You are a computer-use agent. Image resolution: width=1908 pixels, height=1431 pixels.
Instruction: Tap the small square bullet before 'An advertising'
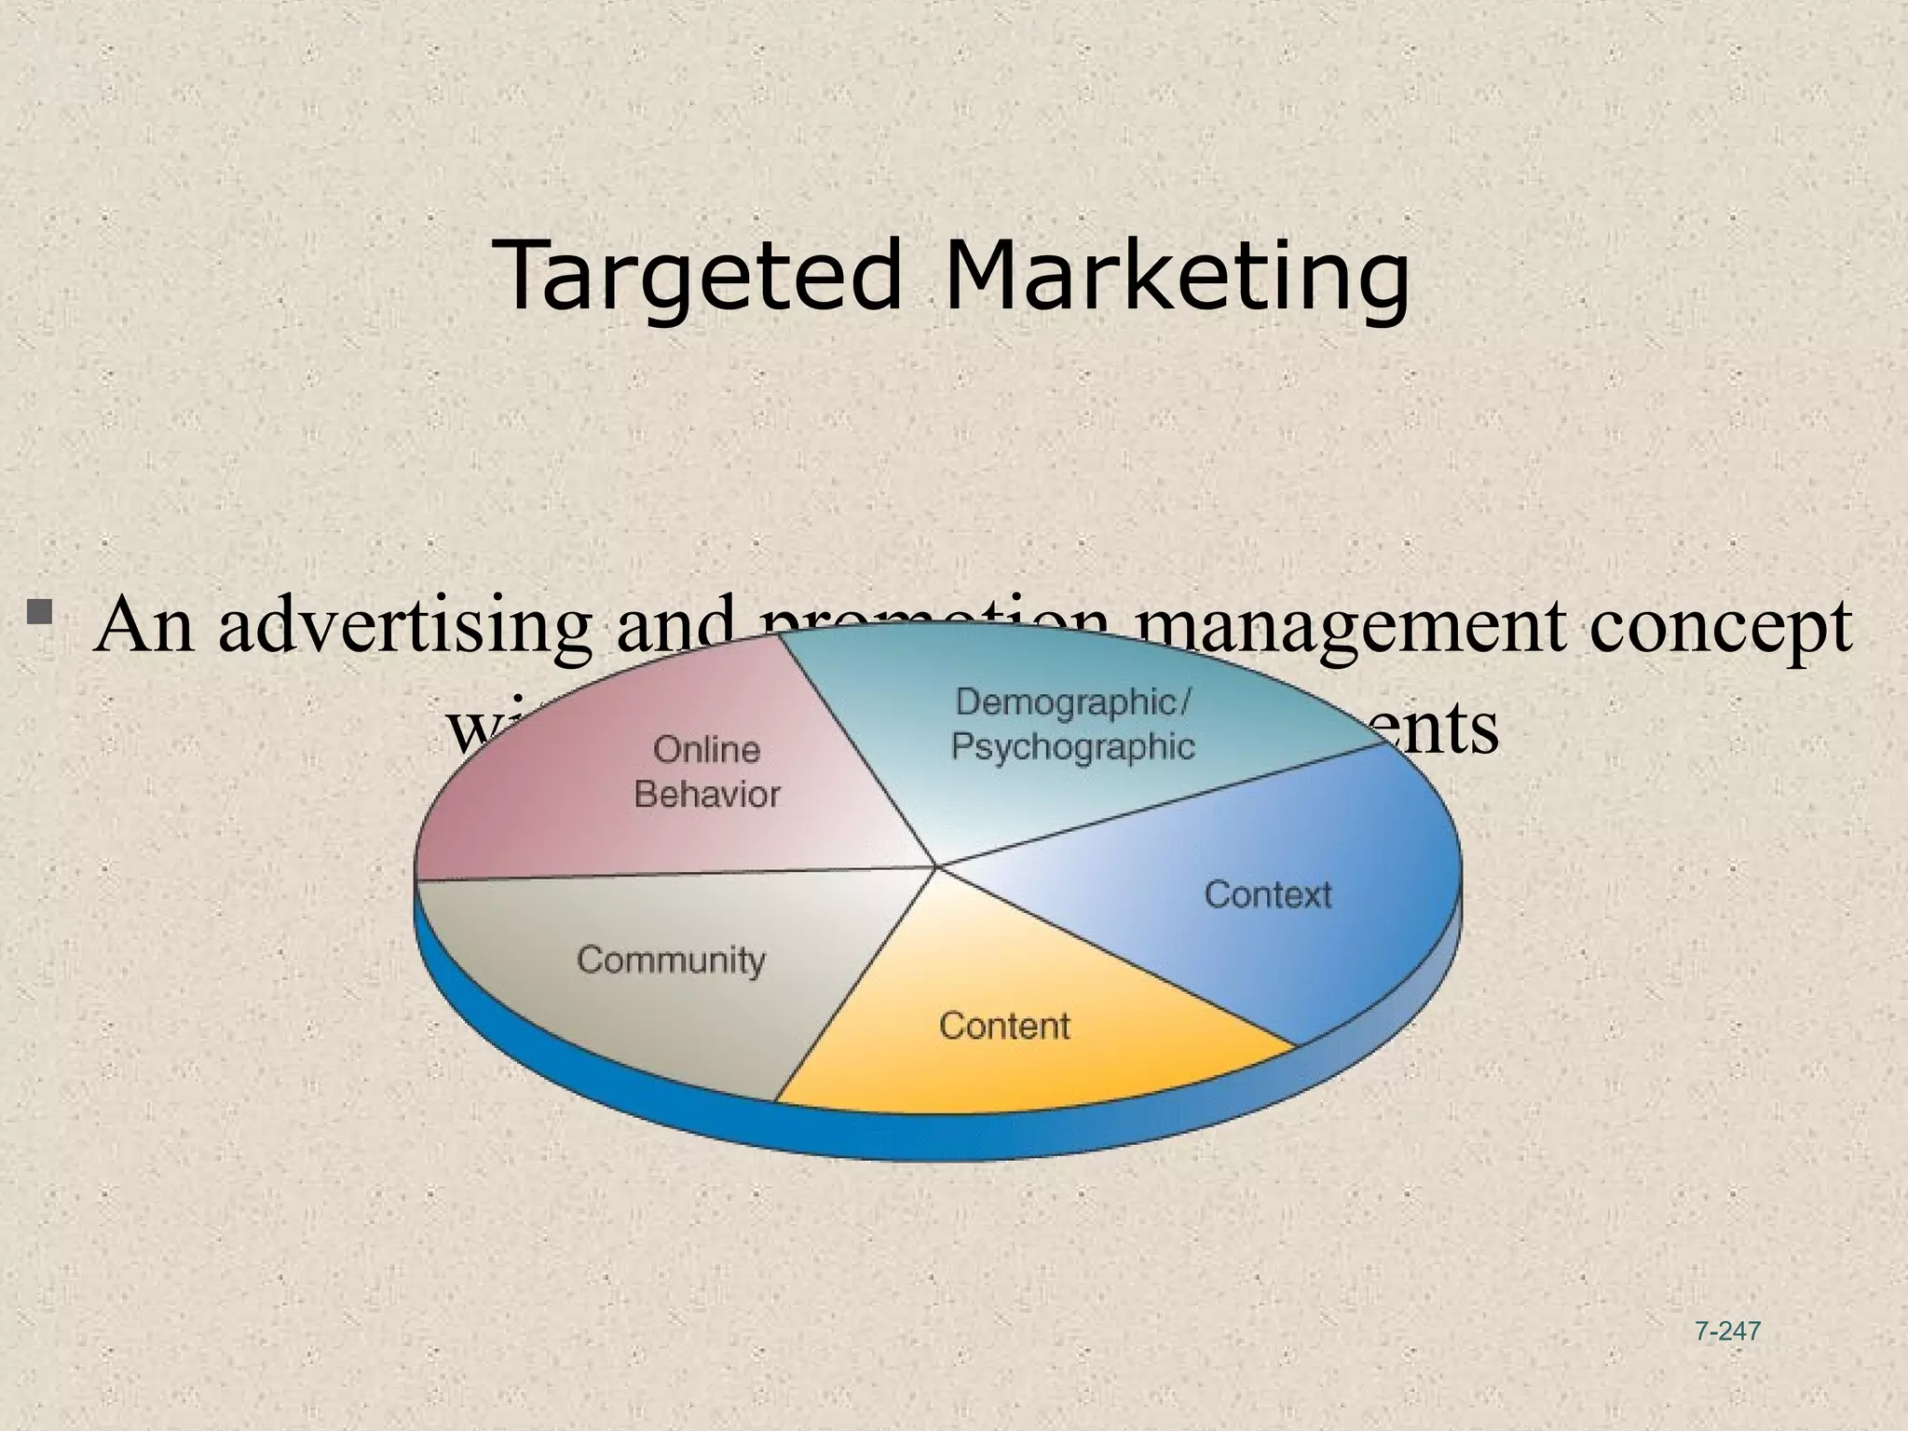40,612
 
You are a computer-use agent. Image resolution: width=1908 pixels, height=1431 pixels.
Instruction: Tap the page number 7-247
1728,1331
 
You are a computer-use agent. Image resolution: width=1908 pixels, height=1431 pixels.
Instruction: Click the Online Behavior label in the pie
706,771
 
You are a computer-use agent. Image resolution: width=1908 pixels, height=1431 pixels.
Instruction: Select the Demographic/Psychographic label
1072,724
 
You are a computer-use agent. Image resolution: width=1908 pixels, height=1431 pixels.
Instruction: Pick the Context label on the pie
1267,894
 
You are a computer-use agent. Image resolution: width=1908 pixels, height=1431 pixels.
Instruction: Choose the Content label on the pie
1004,1026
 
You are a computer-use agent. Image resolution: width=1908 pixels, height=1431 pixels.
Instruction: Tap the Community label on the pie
671,960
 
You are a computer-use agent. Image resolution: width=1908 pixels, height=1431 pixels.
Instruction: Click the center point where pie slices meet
936,866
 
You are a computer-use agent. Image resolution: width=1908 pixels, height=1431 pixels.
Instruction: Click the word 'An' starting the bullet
144,626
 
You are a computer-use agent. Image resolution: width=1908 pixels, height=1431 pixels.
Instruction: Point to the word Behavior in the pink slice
706,795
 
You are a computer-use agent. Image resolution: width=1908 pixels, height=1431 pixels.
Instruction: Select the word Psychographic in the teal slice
1072,747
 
